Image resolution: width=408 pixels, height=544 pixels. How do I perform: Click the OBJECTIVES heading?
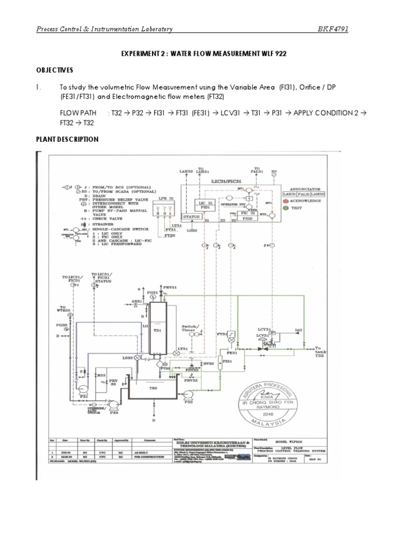click(55, 70)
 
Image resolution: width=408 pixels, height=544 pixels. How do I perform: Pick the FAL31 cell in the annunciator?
click(309, 194)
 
